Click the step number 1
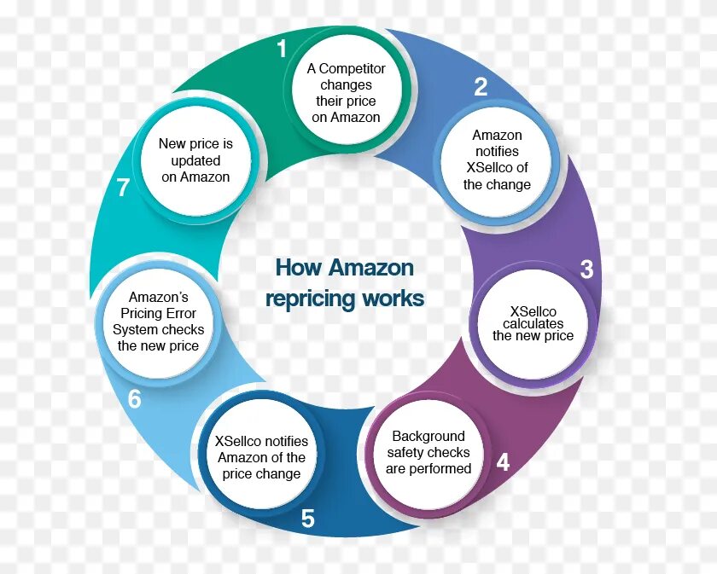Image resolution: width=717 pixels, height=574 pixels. click(282, 49)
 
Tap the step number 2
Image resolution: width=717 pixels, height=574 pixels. click(481, 86)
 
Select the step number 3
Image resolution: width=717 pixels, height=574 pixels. click(586, 270)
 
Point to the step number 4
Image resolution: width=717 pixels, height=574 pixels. click(503, 462)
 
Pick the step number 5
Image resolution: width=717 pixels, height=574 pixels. click(308, 519)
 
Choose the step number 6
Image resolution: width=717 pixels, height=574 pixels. click(134, 399)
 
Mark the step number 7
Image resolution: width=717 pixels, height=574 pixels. click(123, 188)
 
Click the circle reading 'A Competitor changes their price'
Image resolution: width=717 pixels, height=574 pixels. click(346, 93)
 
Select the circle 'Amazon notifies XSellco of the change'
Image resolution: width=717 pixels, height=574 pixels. click(497, 159)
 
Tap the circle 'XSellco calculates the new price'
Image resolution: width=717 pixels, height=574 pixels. click(533, 323)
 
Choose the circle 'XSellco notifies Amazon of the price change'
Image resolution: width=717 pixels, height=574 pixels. click(261, 457)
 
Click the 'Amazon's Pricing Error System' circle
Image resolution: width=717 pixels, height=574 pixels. click(159, 322)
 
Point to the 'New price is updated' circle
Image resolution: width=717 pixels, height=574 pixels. click(195, 160)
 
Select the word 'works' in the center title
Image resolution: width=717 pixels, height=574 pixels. click(392, 299)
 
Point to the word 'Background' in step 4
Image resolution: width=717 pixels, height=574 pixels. click(428, 436)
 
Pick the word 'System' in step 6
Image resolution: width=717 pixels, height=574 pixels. click(135, 329)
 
